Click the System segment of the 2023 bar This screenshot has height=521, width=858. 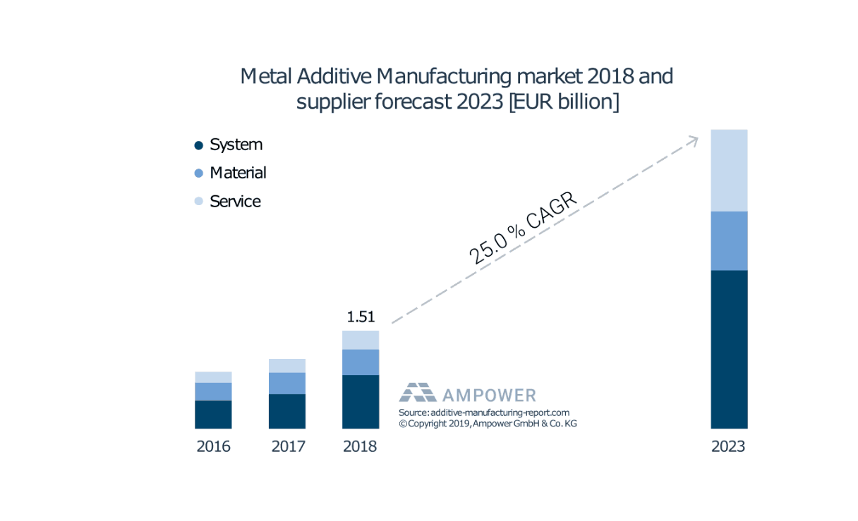(729, 349)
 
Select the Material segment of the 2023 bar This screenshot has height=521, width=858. (729, 240)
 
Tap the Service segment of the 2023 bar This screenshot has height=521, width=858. (729, 170)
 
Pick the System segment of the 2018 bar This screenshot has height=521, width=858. (361, 401)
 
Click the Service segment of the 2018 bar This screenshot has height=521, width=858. (361, 340)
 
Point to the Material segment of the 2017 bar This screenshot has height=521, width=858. (287, 383)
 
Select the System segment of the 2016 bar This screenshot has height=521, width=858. (213, 414)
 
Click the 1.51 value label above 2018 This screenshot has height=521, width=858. (361, 317)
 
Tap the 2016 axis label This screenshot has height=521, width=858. (213, 447)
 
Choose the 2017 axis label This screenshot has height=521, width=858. (288, 447)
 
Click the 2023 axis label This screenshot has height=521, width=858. (728, 447)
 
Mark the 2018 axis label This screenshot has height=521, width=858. (360, 447)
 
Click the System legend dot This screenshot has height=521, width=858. (199, 145)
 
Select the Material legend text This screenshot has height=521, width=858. (238, 173)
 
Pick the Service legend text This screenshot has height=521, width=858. (235, 202)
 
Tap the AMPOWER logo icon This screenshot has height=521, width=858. (418, 392)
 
